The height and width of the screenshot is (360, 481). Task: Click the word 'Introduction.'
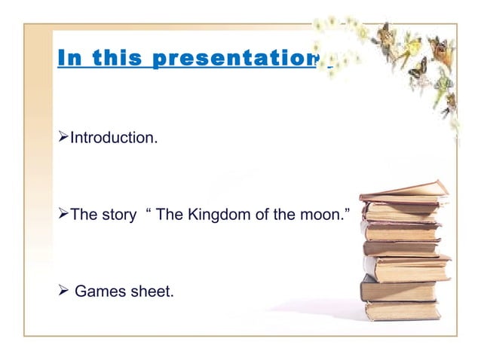tap(114, 138)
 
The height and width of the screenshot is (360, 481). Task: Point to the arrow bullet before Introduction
tap(63, 138)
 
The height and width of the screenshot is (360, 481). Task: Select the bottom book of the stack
tap(401, 310)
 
